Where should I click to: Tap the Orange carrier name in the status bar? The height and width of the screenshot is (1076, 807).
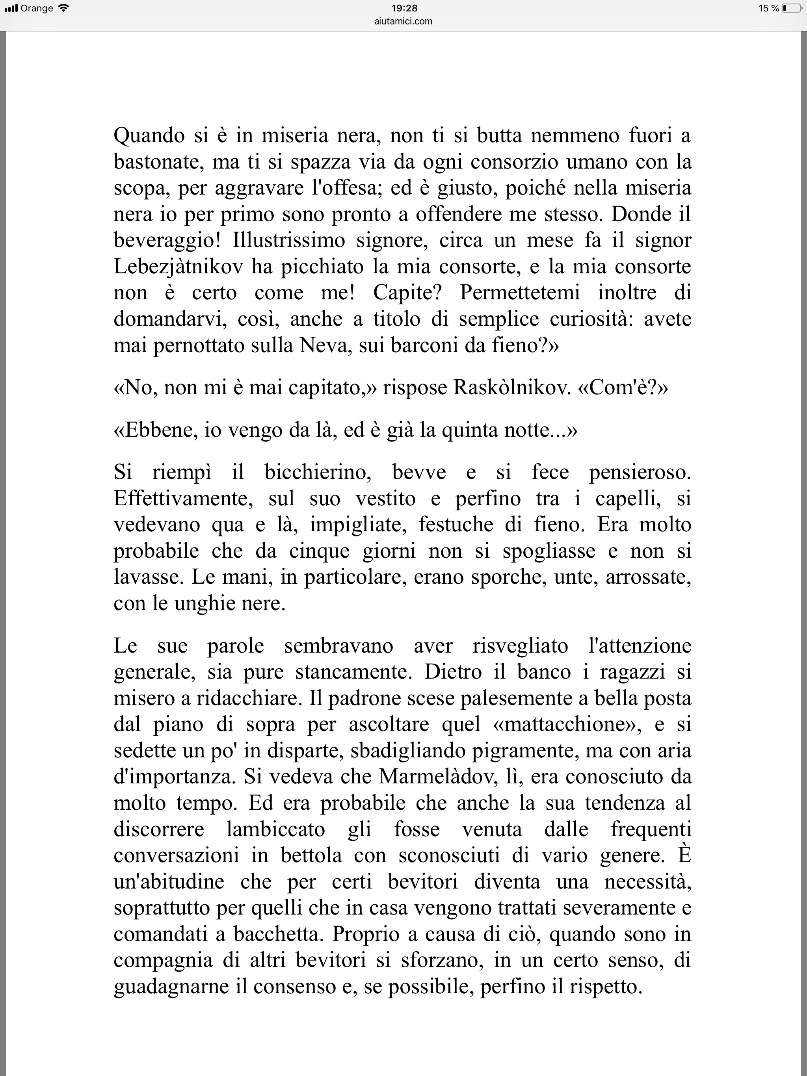37,8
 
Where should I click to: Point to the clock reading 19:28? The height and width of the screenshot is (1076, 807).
404,8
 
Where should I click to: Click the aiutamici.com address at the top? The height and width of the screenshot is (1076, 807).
404,21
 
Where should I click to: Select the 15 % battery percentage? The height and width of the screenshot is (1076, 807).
768,8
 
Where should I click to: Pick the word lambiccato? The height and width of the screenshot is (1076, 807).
276,829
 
